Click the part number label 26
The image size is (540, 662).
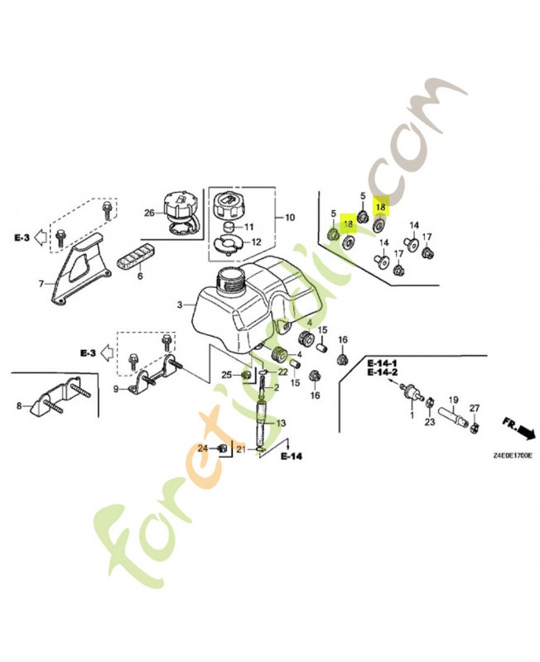(x=149, y=213)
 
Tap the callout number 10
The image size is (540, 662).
(x=289, y=218)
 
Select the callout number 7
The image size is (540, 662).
(x=41, y=285)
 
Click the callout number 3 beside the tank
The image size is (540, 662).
(x=179, y=305)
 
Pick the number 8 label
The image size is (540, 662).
(x=18, y=405)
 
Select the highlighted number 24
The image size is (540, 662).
(x=202, y=448)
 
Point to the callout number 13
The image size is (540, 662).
(x=281, y=423)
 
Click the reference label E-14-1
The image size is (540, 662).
(x=383, y=363)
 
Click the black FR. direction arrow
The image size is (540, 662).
(x=523, y=432)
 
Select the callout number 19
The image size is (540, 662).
(x=453, y=400)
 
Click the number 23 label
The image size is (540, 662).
(x=430, y=422)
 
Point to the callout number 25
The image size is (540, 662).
(x=224, y=375)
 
